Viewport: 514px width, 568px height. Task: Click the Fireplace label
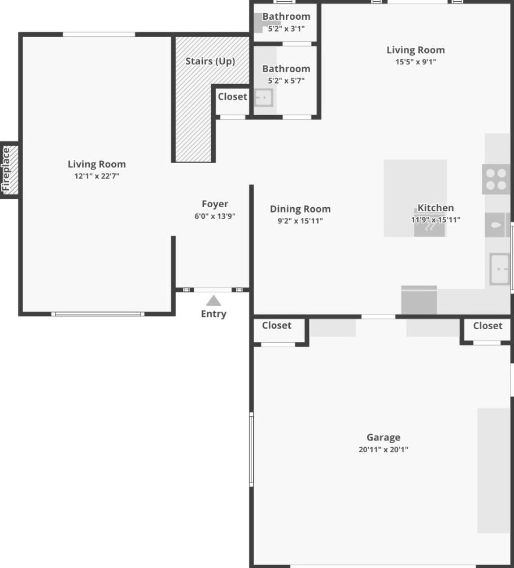[x=6, y=169]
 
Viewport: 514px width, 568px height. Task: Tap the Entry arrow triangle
[x=214, y=301]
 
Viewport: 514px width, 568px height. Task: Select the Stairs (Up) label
[x=210, y=61]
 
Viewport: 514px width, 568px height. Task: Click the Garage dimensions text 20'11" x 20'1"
[x=383, y=449]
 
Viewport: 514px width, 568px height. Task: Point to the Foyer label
[x=215, y=204]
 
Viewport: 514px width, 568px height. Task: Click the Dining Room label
[x=300, y=209]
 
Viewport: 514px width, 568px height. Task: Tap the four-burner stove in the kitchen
[x=496, y=180]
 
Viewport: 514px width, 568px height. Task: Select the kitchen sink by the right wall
[x=500, y=269]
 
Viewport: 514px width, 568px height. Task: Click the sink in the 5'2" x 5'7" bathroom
[x=264, y=98]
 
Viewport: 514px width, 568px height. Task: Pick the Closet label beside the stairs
[x=232, y=97]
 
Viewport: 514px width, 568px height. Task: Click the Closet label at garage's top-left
[x=277, y=325]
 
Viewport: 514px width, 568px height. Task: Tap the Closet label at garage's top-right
[x=487, y=326]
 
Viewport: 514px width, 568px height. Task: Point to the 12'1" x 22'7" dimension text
[x=97, y=176]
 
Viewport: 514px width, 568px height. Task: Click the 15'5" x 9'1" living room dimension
[x=415, y=62]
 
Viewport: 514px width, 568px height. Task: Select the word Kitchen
[x=435, y=208]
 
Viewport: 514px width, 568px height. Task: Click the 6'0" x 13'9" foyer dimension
[x=215, y=216]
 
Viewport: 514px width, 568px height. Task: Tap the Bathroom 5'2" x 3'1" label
[x=286, y=22]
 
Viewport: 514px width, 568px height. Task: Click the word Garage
[x=384, y=438]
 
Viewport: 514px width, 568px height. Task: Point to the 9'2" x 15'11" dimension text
[x=300, y=221]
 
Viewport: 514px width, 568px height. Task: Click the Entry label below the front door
[x=214, y=314]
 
